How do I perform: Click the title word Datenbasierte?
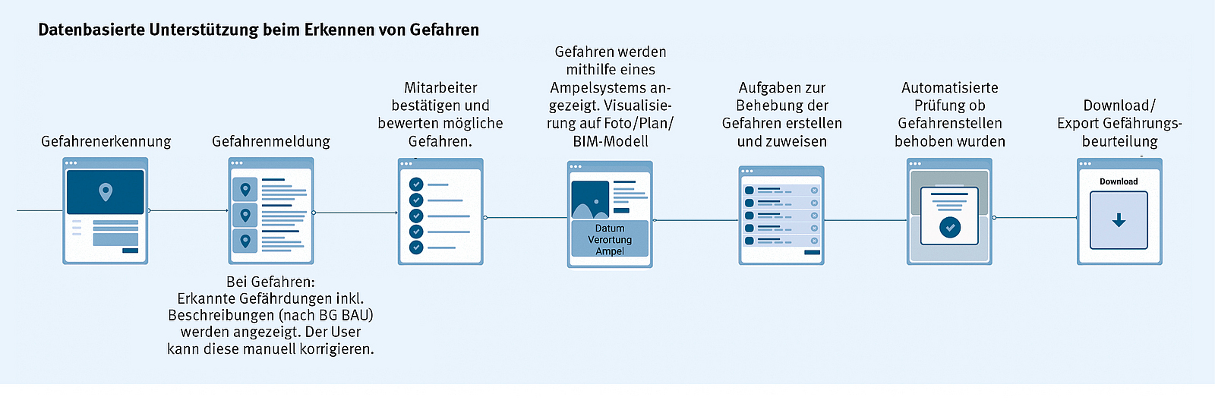point(91,30)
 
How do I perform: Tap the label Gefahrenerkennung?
point(106,141)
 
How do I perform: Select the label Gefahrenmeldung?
point(271,141)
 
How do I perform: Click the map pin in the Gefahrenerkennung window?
point(106,191)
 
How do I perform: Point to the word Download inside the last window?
point(1119,181)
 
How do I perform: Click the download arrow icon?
point(1119,220)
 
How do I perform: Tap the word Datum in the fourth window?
point(610,229)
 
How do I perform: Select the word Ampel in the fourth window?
point(610,251)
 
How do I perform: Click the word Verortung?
point(610,240)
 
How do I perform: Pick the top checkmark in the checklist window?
point(416,184)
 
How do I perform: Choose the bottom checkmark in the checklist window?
point(416,247)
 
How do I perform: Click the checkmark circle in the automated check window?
point(950,227)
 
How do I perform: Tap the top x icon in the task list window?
point(814,191)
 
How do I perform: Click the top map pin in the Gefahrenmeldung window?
point(245,189)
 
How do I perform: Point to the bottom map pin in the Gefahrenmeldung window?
point(245,241)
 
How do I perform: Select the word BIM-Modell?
point(611,141)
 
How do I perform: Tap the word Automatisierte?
point(950,88)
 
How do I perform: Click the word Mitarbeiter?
point(440,88)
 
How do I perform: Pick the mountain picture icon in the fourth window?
point(590,200)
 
